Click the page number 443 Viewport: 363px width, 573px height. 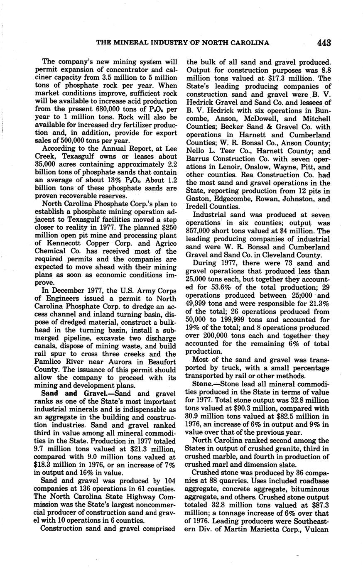coord(323,42)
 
